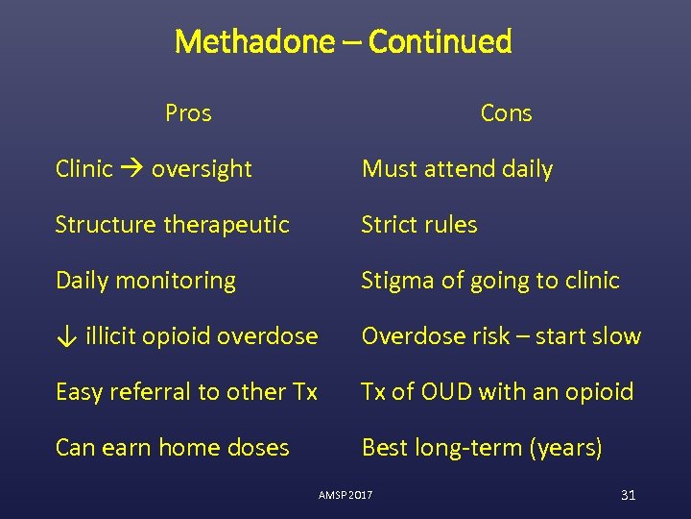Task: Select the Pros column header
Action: (188, 113)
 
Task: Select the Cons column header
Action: (506, 113)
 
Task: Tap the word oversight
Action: (202, 169)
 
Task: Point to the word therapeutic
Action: (227, 225)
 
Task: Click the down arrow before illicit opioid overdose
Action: (65, 336)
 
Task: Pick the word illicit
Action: (109, 336)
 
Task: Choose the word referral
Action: (140, 392)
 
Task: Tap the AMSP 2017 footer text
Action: (345, 495)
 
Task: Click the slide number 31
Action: (629, 495)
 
